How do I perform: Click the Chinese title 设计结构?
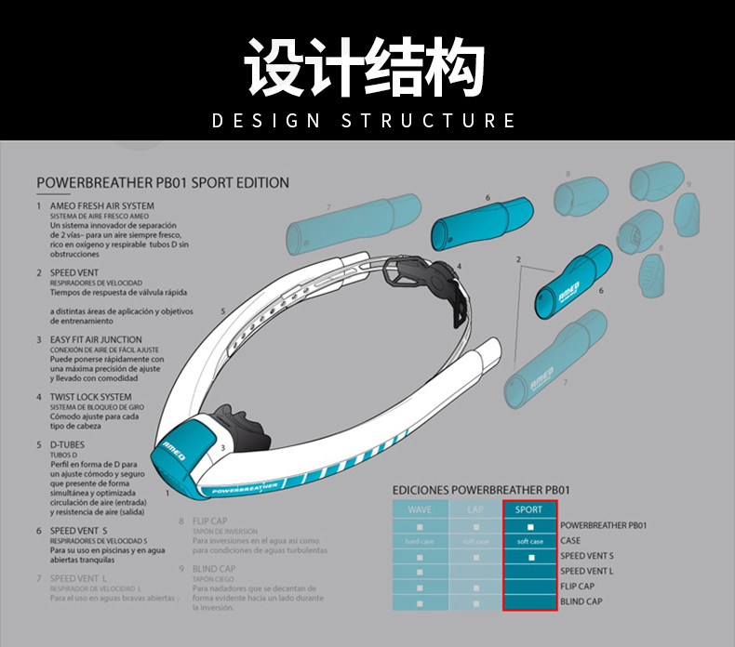tap(366, 67)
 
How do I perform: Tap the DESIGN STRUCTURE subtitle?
tap(365, 120)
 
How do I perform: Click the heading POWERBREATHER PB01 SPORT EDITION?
tap(163, 183)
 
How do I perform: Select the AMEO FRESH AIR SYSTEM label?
tap(102, 205)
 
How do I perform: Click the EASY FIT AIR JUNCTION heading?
tap(96, 339)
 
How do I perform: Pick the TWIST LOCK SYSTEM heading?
tap(90, 396)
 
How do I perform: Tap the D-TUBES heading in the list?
tap(66, 445)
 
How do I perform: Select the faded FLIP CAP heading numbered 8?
tap(213, 522)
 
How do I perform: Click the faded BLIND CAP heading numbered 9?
tap(214, 569)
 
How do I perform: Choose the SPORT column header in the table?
tap(529, 509)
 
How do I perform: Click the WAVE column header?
tap(420, 509)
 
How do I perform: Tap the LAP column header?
tap(475, 509)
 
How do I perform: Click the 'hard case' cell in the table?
tap(420, 541)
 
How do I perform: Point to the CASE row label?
tap(570, 541)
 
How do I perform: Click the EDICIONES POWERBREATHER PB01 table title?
tap(481, 489)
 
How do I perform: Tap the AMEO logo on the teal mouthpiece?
tap(174, 450)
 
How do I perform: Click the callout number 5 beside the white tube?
tap(223, 310)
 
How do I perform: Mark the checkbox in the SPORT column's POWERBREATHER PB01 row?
tap(530, 526)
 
